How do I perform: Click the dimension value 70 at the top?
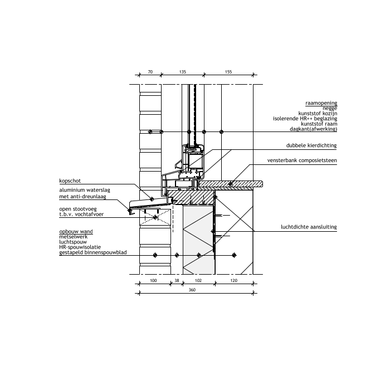150,72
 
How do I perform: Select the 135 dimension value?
183,72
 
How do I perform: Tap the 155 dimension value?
228,72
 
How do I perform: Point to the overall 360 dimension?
192,290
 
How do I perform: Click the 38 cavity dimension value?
177,281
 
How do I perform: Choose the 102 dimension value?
198,281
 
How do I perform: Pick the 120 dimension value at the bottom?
234,281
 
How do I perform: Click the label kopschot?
70,181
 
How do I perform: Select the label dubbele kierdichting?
311,145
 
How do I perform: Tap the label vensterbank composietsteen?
302,160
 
